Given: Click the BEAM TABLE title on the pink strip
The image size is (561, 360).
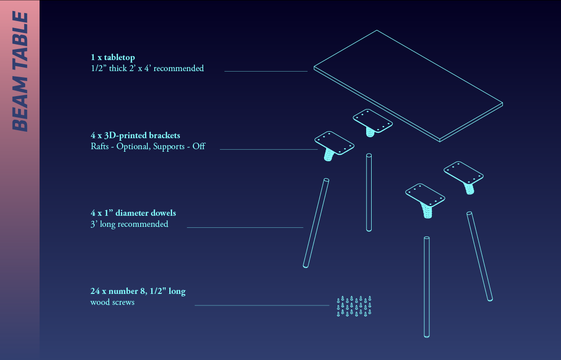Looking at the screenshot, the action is click(20, 72).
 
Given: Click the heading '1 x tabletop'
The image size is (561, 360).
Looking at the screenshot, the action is click(113, 57).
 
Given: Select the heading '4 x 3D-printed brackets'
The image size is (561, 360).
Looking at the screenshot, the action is click(135, 136).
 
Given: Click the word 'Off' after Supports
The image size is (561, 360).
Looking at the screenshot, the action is click(199, 146).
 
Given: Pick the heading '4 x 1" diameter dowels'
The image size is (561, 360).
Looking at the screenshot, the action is click(133, 213).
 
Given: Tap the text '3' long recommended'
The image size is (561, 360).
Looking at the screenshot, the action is click(129, 224).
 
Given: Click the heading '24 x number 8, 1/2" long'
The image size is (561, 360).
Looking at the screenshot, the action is click(138, 291).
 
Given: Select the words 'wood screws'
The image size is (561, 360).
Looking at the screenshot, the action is click(112, 302).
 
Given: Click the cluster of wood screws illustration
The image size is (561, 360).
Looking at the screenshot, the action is click(354, 306).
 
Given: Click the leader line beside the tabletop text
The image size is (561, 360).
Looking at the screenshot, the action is click(266, 71).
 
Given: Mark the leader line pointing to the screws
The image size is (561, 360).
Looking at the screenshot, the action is click(262, 305).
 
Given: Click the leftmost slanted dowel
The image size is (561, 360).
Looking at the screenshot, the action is click(316, 223).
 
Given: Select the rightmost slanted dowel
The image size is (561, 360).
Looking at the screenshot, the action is click(480, 256).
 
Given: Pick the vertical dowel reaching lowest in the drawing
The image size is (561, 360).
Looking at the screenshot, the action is click(426, 287).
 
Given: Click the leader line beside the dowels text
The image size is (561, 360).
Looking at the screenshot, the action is click(245, 227).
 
